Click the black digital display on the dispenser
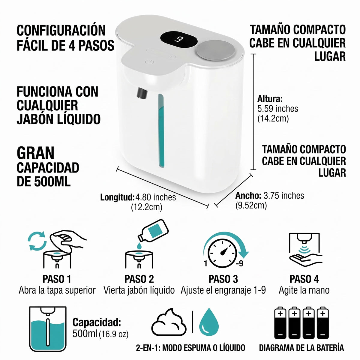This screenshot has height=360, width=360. (x=179, y=39)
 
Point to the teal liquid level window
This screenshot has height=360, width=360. (x=161, y=130)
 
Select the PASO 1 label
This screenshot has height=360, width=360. (x=57, y=279)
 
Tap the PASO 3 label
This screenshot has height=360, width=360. (x=223, y=279)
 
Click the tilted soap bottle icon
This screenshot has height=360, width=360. (x=153, y=230)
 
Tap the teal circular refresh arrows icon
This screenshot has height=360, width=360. (x=37, y=241)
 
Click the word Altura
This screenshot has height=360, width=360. (x=270, y=99)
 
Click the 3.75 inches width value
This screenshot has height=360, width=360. (x=284, y=196)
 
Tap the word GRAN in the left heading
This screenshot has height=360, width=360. (x=35, y=153)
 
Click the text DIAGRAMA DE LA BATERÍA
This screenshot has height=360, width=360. (x=301, y=348)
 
